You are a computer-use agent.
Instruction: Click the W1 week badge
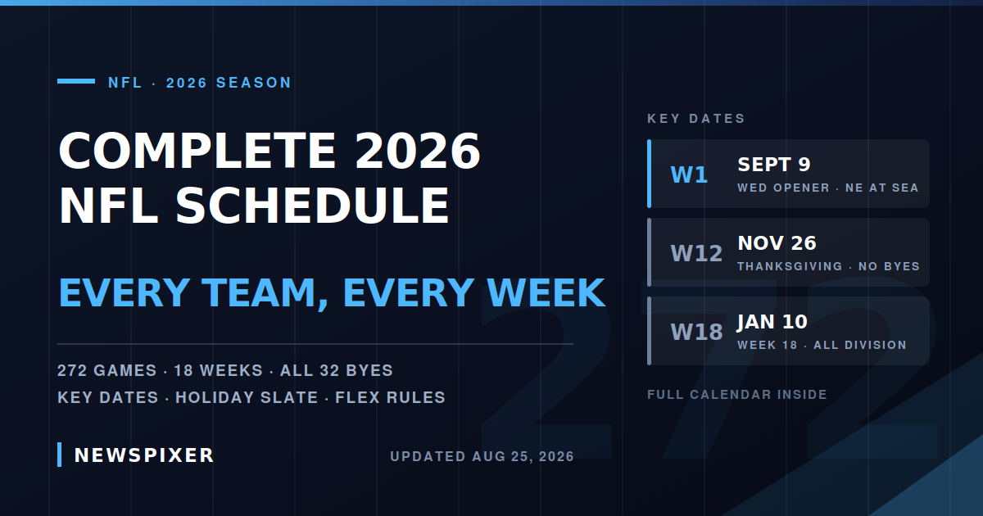[x=689, y=175]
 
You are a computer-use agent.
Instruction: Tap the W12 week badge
[x=696, y=254]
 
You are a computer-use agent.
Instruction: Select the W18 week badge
[x=696, y=333]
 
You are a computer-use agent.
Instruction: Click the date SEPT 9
[x=774, y=165]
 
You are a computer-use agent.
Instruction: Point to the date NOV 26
[x=777, y=243]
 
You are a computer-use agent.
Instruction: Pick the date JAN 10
[x=772, y=322]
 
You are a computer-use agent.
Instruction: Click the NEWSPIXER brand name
[x=144, y=455]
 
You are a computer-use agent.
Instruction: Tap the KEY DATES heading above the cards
[x=696, y=119]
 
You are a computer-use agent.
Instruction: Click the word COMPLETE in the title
[x=197, y=151]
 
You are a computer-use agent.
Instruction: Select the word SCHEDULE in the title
[x=312, y=206]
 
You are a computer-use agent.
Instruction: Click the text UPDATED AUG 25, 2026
[x=482, y=457]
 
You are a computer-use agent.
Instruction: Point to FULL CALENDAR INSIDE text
[x=737, y=395]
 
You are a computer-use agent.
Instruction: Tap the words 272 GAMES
[x=107, y=371]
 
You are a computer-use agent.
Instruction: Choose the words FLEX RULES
[x=390, y=397]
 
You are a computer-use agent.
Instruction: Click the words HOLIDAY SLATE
[x=247, y=397]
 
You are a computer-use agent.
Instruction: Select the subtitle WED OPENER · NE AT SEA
[x=828, y=188]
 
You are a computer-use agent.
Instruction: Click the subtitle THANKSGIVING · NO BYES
[x=828, y=267]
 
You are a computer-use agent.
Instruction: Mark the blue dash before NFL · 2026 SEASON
[x=76, y=81]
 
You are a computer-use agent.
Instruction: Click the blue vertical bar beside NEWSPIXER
[x=59, y=455]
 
